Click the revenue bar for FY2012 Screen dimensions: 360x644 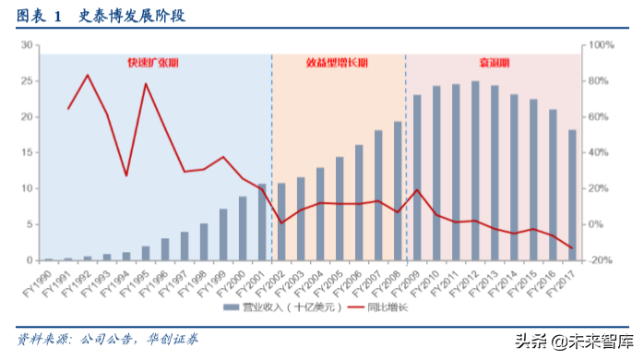(475, 171)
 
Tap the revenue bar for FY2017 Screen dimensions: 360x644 (572, 195)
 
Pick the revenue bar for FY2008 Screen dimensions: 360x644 (398, 191)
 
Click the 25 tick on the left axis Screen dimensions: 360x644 (27, 80)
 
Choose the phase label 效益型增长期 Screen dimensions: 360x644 (337, 63)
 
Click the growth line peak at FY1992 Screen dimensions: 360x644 (88, 75)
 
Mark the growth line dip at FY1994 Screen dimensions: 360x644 (125, 175)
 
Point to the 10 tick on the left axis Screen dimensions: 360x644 (27, 188)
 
